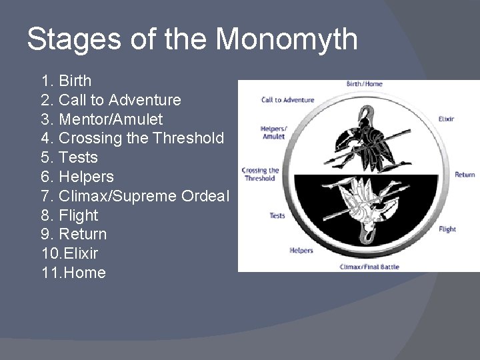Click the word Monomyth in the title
[x=287, y=40]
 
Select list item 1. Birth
[x=66, y=81]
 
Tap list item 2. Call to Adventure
[x=111, y=100]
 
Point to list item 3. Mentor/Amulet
[x=101, y=119]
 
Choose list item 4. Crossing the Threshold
[x=132, y=139]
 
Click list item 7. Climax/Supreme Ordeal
[x=135, y=196]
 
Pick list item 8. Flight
[x=69, y=215]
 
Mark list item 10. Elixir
[x=69, y=254]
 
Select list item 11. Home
[x=73, y=273]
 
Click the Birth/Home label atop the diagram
[x=364, y=84]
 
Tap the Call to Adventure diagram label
[x=287, y=100]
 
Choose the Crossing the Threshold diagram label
[x=259, y=174]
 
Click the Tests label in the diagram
[x=277, y=215]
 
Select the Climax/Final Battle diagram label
[x=365, y=267]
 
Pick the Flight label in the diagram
[x=447, y=229]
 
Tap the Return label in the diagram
[x=465, y=175]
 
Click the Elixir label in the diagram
[x=446, y=119]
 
